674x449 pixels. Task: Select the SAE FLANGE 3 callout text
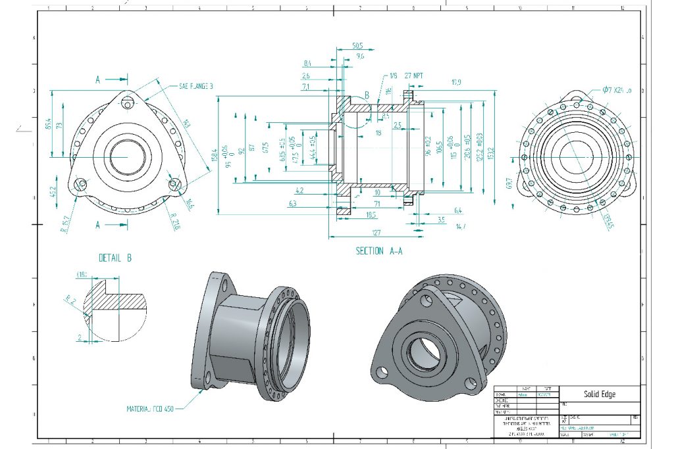196,86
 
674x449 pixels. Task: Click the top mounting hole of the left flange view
128,103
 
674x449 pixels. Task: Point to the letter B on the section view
367,95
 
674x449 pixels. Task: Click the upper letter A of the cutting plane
98,80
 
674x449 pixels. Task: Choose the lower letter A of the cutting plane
98,225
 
